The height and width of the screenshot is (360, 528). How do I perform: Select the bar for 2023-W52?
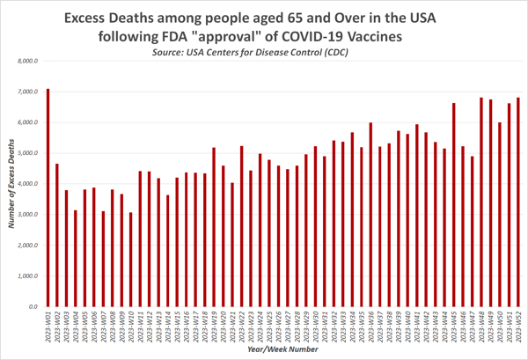click(518, 202)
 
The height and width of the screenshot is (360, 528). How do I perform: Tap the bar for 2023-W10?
click(131, 260)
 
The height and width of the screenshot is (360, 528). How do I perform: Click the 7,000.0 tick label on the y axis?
click(26, 92)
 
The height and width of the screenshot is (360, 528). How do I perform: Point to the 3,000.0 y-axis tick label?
click(26, 215)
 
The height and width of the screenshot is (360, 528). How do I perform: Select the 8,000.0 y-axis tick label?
click(26, 61)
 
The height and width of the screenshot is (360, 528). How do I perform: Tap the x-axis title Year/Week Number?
click(282, 350)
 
